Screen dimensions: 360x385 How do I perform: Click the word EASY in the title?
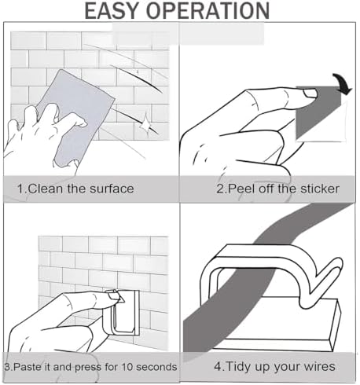112,10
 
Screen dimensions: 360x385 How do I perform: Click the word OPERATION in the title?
208,10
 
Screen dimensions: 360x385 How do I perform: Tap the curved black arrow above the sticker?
343,84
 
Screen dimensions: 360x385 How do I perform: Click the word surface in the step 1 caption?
112,189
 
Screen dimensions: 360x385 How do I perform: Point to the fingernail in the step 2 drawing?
310,93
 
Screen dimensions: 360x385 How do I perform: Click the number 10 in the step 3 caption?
127,367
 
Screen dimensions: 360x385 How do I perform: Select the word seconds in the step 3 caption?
156,367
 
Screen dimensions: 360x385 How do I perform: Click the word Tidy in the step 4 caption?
236,366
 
